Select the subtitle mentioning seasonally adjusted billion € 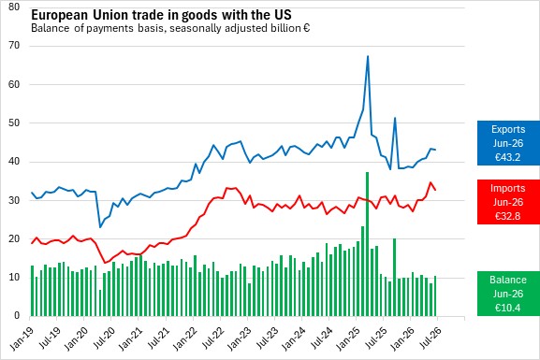point(170,28)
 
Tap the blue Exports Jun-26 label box point(508,143)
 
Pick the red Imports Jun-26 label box point(508,202)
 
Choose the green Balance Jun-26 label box point(508,294)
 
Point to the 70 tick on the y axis point(14,46)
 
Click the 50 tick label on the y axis point(14,122)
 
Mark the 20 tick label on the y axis point(14,238)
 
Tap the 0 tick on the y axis point(17,316)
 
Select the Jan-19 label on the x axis point(22,338)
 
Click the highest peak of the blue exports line point(368,56)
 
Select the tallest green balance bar point(368,244)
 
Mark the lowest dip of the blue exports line point(100,227)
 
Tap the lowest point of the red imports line point(106,263)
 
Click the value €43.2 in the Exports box point(507,157)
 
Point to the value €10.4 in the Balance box point(507,308)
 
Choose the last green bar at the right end point(435,296)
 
